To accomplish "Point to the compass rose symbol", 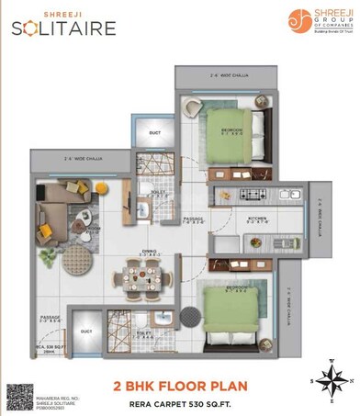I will pos(332,378).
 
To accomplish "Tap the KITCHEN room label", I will pos(257,219).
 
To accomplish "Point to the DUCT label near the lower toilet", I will pos(85,329).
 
